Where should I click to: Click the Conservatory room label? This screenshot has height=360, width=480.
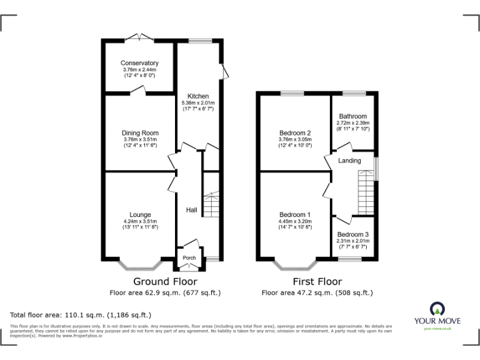[140, 63]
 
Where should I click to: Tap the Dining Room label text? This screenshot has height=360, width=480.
[140, 133]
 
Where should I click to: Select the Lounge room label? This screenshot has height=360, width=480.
[140, 215]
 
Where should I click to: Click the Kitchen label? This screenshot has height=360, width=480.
[198, 96]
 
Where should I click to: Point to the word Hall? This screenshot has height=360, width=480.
[192, 210]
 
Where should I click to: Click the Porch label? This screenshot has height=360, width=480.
[189, 258]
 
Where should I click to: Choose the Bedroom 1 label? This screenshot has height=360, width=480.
[296, 215]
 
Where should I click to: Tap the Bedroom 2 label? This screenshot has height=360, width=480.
[296, 133]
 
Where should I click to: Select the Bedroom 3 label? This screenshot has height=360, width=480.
[353, 234]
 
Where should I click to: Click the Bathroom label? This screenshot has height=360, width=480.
[353, 116]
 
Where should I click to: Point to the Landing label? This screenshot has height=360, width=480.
[349, 161]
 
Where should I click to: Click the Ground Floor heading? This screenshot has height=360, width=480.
[165, 282]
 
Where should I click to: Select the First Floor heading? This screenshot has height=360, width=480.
[317, 282]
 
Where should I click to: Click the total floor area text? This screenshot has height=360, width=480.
[81, 314]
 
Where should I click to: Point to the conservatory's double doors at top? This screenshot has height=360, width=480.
[139, 37]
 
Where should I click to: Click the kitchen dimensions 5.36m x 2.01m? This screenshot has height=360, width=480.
[198, 103]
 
